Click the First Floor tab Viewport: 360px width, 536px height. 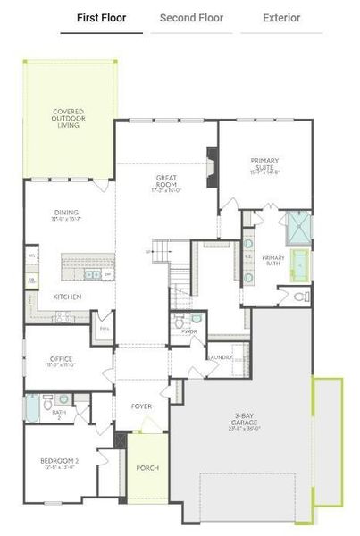101,18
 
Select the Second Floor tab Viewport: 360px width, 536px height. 191,18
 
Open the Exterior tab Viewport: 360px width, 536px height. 281,18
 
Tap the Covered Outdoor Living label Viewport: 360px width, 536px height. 69,119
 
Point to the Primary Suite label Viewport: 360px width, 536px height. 265,165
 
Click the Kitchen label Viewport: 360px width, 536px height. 68,297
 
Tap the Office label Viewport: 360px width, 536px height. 62,362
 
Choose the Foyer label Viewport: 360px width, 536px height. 141,406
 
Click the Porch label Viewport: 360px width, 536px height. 147,467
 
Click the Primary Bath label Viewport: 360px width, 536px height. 273,261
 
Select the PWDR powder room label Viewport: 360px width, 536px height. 188,331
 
